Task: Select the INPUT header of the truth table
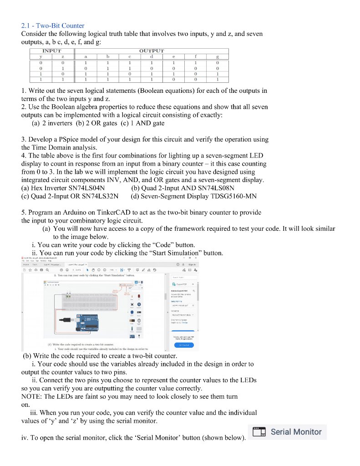coord(51,51)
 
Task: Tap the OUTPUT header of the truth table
coord(152,51)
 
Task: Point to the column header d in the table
coord(151,57)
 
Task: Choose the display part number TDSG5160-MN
coord(232,196)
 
